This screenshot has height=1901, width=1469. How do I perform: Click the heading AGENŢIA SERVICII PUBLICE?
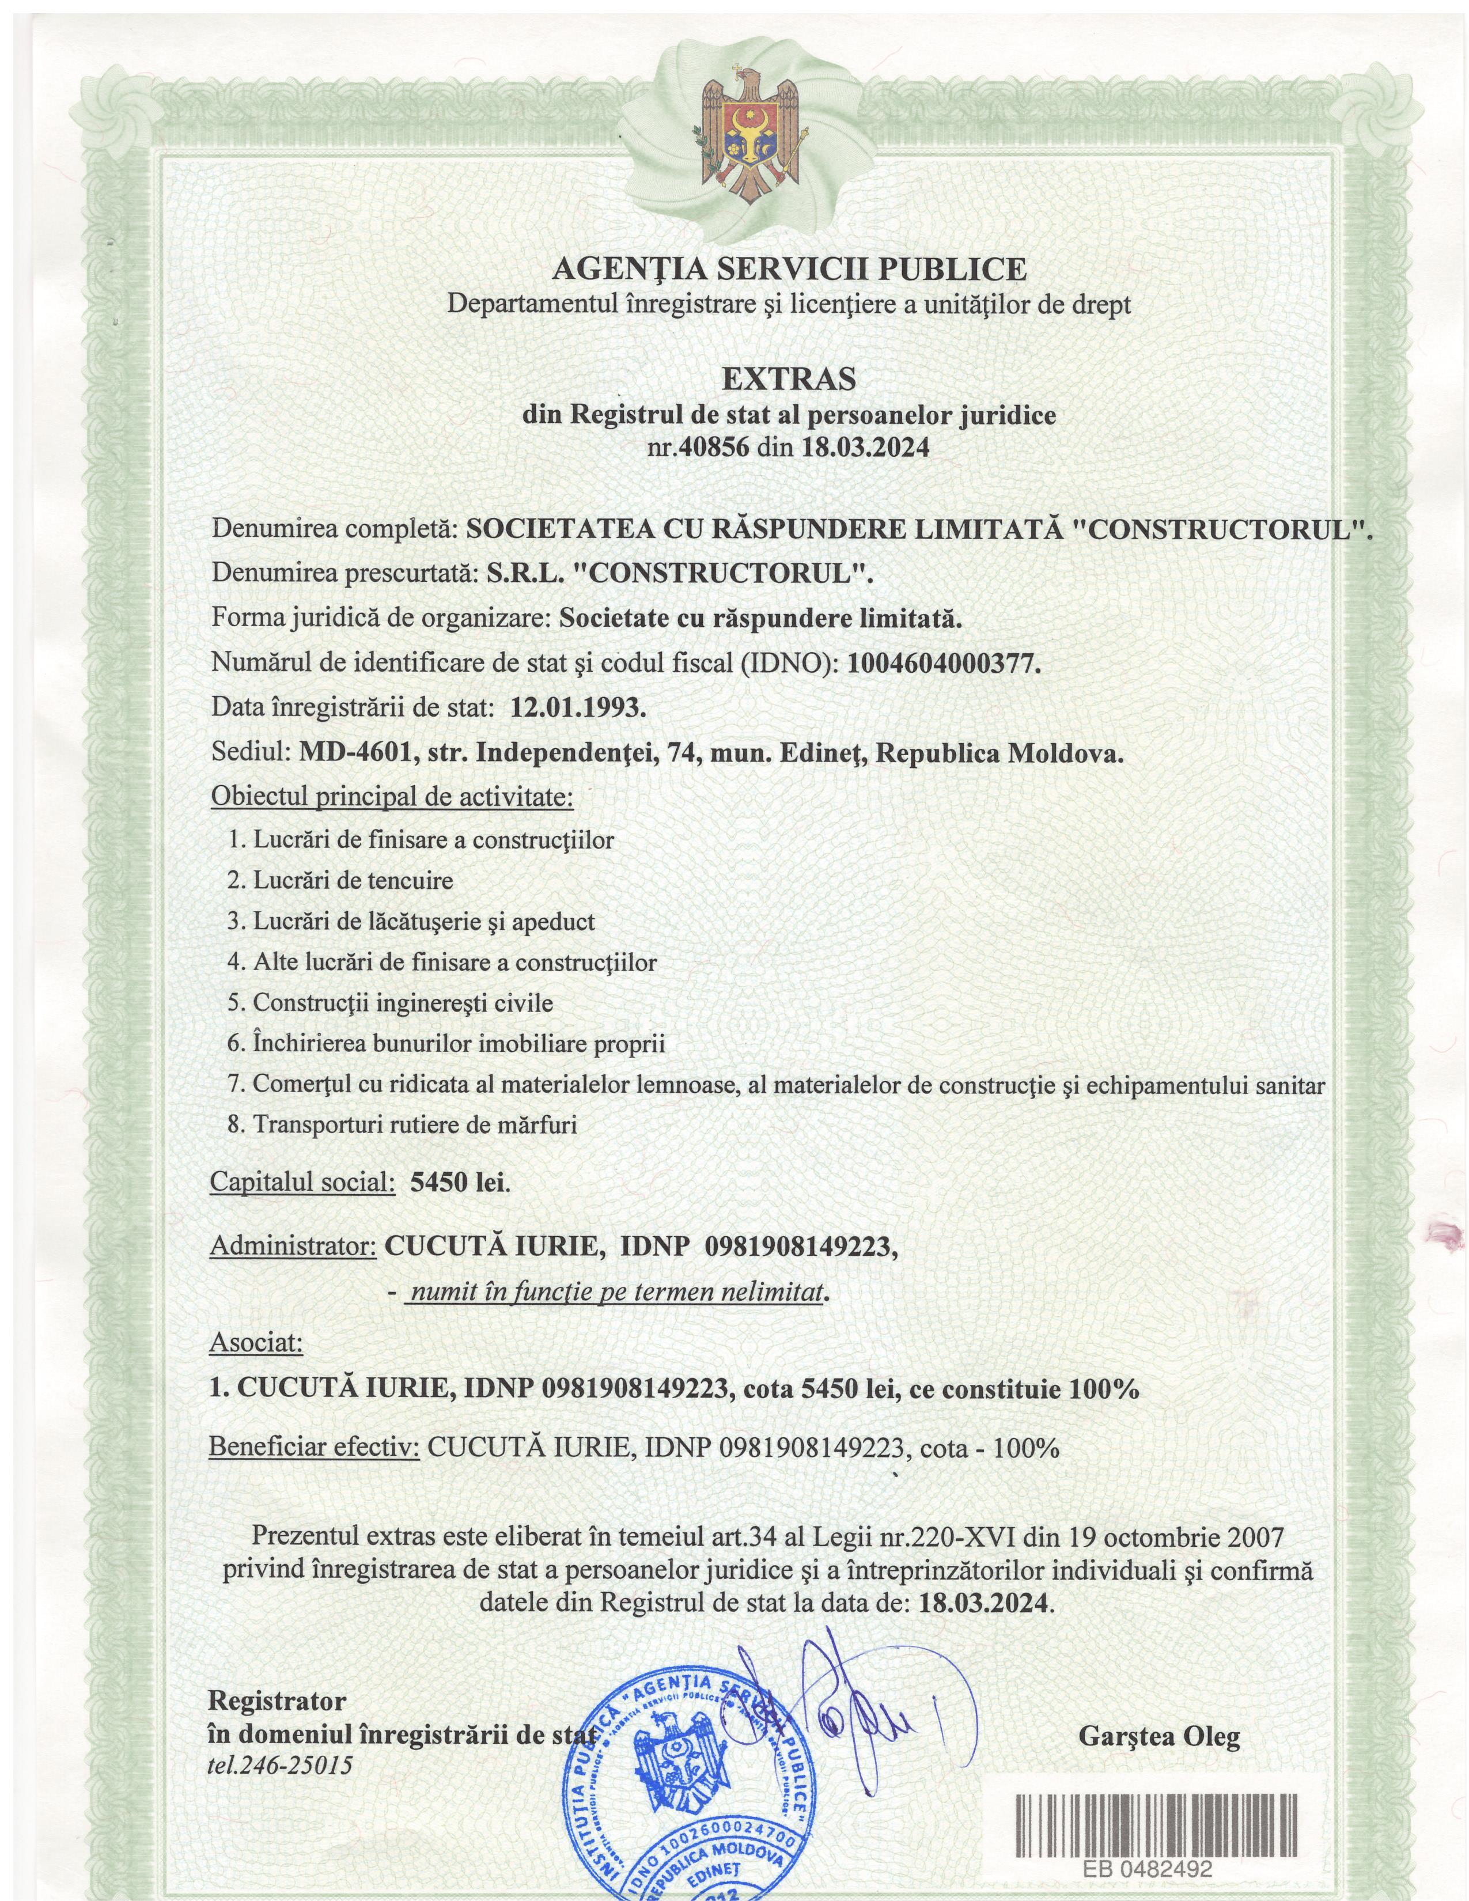[x=789, y=269]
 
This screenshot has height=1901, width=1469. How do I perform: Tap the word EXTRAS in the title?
[x=789, y=380]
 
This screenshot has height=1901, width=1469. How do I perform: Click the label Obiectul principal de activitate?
[x=392, y=797]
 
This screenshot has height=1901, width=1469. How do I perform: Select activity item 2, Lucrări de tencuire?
[x=340, y=881]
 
